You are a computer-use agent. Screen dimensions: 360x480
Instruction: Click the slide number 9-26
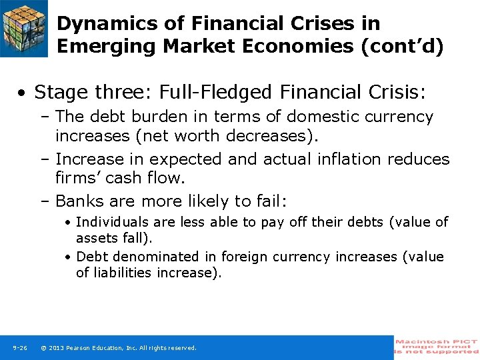[19, 348]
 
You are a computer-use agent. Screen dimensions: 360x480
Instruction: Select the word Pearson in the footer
[80, 348]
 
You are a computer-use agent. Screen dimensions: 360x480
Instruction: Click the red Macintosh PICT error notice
[437, 347]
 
